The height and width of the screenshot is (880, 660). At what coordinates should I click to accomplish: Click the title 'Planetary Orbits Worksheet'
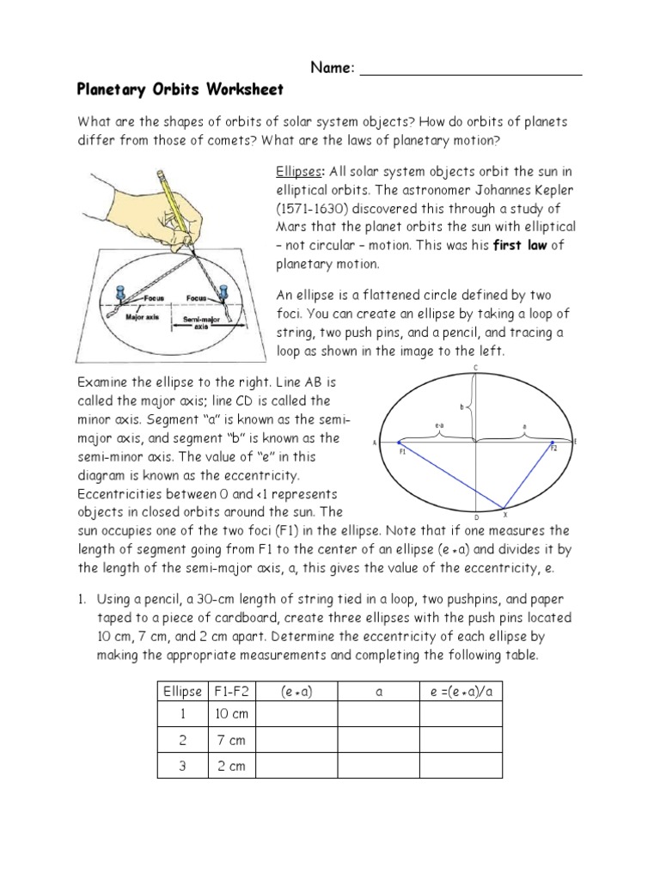[180, 89]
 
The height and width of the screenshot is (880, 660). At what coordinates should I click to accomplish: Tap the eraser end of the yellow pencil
[161, 176]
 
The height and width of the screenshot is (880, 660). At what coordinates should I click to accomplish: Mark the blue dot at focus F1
[399, 443]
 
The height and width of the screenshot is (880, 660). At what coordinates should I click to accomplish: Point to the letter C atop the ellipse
[476, 369]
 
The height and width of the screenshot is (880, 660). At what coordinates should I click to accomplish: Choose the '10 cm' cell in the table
[230, 715]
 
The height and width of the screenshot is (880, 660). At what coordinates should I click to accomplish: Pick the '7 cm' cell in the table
[230, 741]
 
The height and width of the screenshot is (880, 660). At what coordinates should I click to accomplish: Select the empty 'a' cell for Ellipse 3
[377, 766]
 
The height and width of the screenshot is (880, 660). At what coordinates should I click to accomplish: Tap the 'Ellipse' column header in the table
[182, 691]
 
